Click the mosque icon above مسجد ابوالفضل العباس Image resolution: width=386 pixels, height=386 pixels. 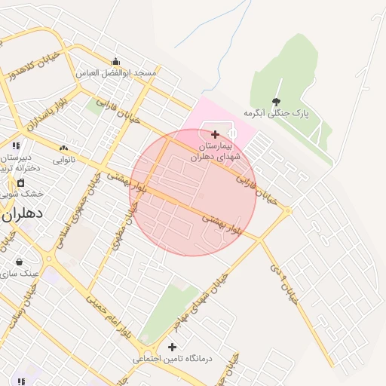(115, 62)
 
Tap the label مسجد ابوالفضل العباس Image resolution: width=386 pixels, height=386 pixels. (116, 73)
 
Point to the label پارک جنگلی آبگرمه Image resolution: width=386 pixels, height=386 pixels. (277, 113)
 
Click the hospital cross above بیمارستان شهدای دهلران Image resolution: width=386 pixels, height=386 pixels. (215, 133)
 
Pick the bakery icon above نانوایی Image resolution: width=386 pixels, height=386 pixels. (63, 149)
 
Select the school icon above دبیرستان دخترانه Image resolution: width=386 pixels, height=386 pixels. (15, 146)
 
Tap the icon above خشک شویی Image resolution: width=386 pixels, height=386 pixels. (20, 182)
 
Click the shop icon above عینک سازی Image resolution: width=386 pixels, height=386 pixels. (19, 262)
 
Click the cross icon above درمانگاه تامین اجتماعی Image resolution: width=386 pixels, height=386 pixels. (173, 347)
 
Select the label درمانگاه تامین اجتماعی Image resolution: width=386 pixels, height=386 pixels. (173, 359)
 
